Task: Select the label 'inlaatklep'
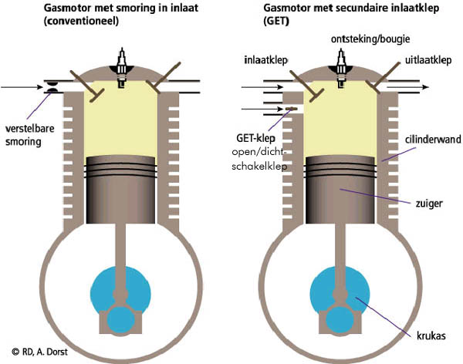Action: (x=265, y=59)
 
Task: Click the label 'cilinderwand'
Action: (x=431, y=140)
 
